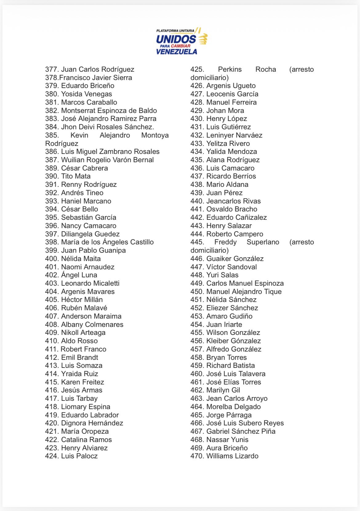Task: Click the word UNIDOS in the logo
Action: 176,39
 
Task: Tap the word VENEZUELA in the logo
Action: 176,51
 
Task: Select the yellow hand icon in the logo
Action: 203,39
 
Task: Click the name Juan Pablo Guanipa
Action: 93,250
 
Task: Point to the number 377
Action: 51,69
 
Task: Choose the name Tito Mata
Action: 76,176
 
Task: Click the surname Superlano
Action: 263,242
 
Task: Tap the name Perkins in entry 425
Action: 230,69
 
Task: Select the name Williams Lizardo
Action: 232,456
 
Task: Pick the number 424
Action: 51,456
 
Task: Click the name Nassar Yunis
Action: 227,440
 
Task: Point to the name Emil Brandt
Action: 79,357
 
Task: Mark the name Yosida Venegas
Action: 86,94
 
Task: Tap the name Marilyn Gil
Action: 223,390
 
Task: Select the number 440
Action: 197,201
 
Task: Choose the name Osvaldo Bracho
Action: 232,209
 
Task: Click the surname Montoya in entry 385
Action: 155,135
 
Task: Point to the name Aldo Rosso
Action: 79,341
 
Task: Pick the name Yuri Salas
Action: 222,275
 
